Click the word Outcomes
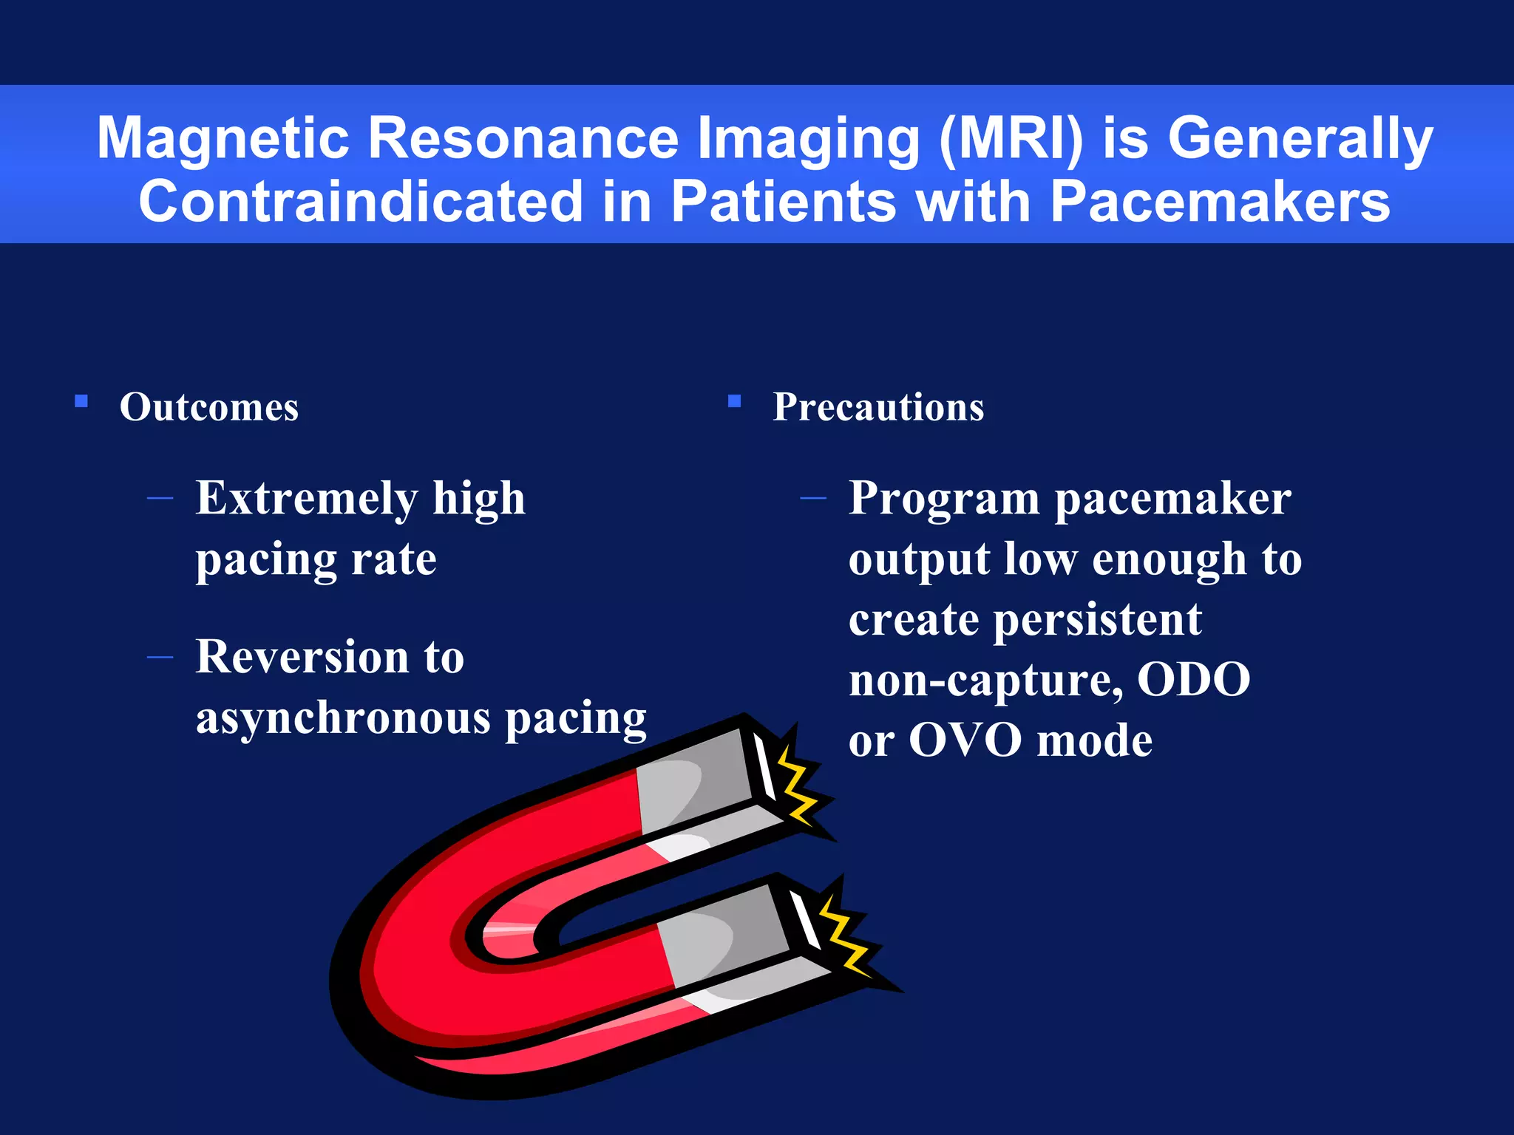tap(209, 407)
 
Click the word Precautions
tap(878, 407)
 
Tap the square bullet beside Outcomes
tap(81, 401)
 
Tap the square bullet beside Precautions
tap(734, 401)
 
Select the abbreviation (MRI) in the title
tap(1011, 138)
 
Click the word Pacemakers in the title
tap(1220, 202)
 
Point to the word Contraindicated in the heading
tap(361, 202)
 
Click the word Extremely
tap(305, 500)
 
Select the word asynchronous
tap(343, 718)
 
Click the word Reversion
tap(302, 657)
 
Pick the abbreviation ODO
tap(1193, 680)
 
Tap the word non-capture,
tap(985, 681)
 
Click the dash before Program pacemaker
tap(813, 499)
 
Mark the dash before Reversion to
tap(160, 657)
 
